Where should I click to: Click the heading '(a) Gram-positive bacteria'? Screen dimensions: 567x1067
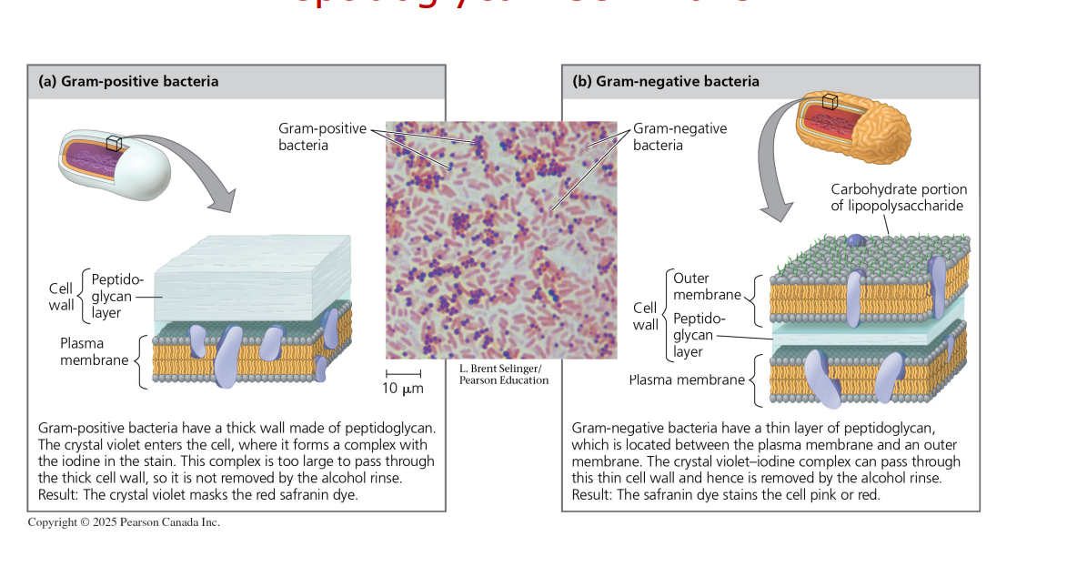pyautogui.click(x=128, y=81)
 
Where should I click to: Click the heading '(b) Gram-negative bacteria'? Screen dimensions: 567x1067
pyautogui.click(x=666, y=81)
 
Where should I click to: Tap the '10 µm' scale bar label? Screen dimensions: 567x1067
pyautogui.click(x=402, y=389)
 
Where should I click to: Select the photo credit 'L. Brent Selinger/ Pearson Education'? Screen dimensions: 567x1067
pyautogui.click(x=504, y=374)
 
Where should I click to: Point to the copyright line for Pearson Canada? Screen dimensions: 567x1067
pyautogui.click(x=124, y=522)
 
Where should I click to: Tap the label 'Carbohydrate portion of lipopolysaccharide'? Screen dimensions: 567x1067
pyautogui.click(x=899, y=197)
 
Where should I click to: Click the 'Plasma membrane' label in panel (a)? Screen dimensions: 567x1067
pyautogui.click(x=95, y=351)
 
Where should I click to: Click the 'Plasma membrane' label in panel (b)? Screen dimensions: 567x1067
pyautogui.click(x=687, y=380)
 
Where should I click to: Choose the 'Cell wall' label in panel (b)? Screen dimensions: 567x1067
pyautogui.click(x=645, y=317)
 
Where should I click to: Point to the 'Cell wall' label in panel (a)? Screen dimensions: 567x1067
pyautogui.click(x=62, y=297)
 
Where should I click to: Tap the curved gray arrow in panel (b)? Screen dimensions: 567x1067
pyautogui.click(x=773, y=173)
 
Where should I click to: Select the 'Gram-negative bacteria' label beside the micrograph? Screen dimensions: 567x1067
pyautogui.click(x=679, y=137)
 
